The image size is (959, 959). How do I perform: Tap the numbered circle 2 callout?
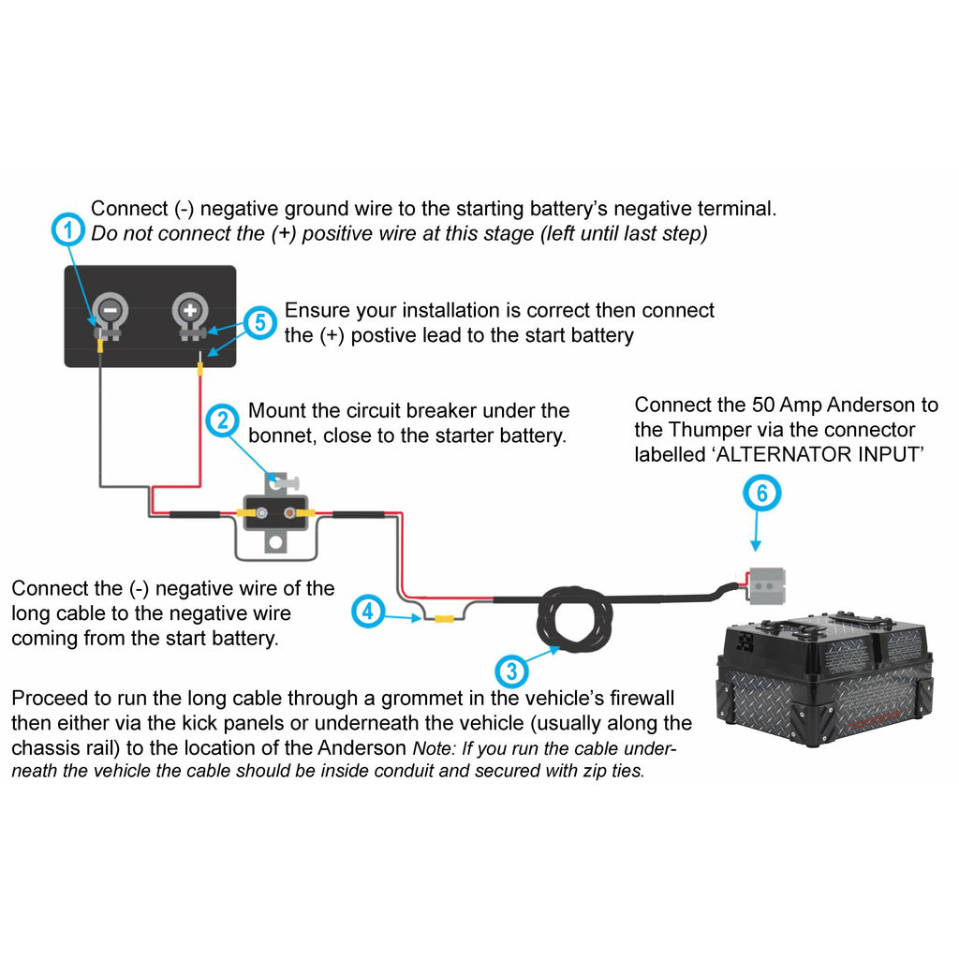[x=223, y=420]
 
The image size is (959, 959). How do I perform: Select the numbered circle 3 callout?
[x=510, y=671]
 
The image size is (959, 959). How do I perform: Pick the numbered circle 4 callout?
[x=368, y=613]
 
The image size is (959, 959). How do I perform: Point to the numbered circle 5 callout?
[x=259, y=323]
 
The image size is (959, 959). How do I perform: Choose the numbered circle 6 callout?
[x=761, y=494]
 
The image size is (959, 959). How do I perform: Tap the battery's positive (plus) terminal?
[x=190, y=311]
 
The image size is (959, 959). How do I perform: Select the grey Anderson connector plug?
[x=765, y=584]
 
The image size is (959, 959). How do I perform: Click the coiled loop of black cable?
[x=572, y=620]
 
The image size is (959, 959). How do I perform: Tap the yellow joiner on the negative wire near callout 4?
[x=443, y=619]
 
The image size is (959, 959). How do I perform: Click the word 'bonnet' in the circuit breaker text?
[x=281, y=435]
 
